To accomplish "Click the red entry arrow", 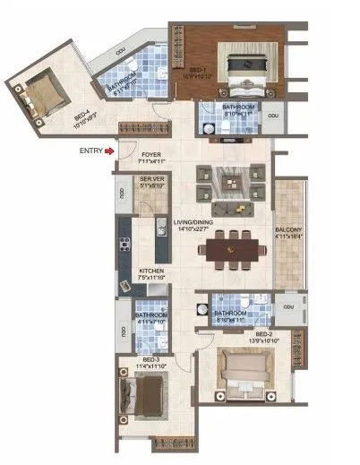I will point(109,151).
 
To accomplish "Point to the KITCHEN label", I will point(150,272).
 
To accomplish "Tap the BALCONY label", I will point(292,235).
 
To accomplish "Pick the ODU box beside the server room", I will point(121,194).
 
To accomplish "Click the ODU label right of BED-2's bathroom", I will point(287,306).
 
